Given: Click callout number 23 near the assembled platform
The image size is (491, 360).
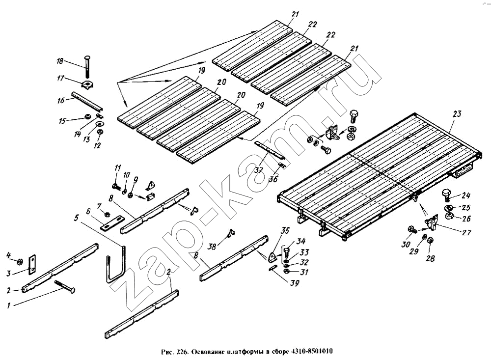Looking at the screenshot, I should (x=457, y=114).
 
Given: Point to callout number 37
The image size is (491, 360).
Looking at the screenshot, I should (x=259, y=170).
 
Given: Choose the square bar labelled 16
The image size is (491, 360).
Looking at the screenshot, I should (x=87, y=101).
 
